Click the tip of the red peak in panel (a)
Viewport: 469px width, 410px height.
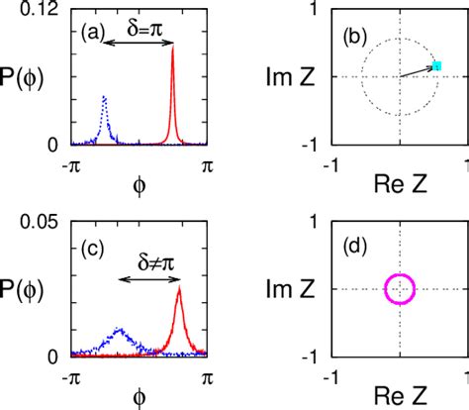pos(173,47)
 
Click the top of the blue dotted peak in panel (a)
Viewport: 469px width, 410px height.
pos(104,97)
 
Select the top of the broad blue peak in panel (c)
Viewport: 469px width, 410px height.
pos(119,329)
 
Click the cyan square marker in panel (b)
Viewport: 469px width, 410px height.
pos(436,66)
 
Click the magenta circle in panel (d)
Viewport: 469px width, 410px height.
pos(400,288)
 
